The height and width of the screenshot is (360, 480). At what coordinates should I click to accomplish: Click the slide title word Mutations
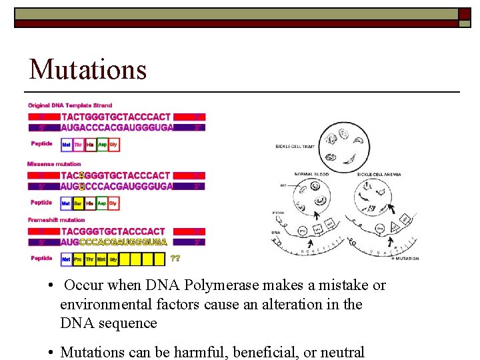click(88, 69)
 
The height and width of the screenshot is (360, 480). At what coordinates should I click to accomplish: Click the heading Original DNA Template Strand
click(70, 105)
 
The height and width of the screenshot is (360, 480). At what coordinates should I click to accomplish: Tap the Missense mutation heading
click(54, 164)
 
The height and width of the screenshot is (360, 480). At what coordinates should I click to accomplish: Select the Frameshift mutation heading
click(57, 220)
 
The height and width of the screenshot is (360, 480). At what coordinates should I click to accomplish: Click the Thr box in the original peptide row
click(78, 145)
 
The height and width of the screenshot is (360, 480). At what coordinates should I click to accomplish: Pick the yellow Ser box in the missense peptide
click(78, 203)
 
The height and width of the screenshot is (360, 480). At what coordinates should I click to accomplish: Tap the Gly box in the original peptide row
click(113, 145)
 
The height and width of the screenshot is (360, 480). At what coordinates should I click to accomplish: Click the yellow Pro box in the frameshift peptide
click(78, 258)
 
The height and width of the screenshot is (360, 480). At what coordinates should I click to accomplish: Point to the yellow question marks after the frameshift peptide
click(175, 258)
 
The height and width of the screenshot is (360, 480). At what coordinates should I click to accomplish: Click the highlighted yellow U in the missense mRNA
click(81, 186)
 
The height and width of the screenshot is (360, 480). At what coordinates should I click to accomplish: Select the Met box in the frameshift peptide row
click(67, 258)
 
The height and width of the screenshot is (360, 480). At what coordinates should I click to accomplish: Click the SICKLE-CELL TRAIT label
click(294, 147)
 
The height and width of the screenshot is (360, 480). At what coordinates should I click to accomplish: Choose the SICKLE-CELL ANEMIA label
click(380, 174)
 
